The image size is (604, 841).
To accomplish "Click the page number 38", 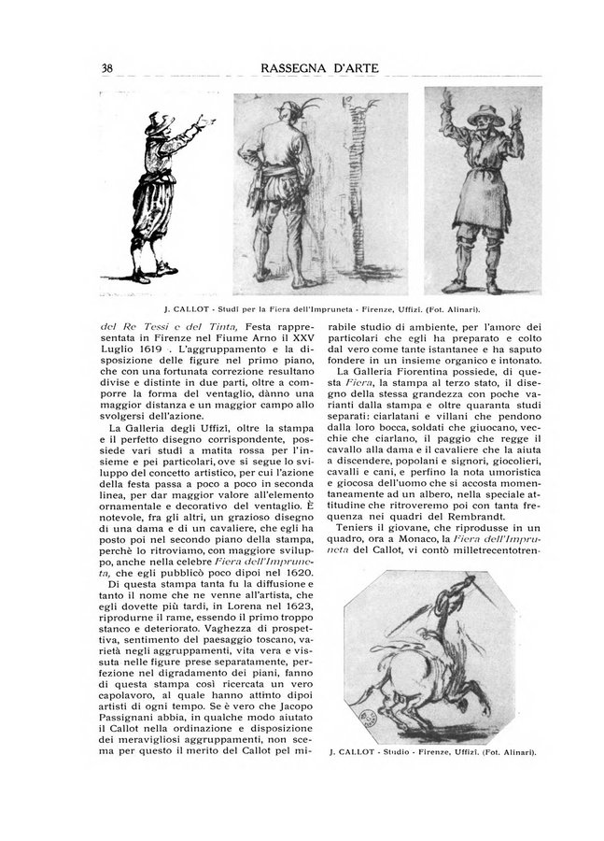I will click(107, 69).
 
